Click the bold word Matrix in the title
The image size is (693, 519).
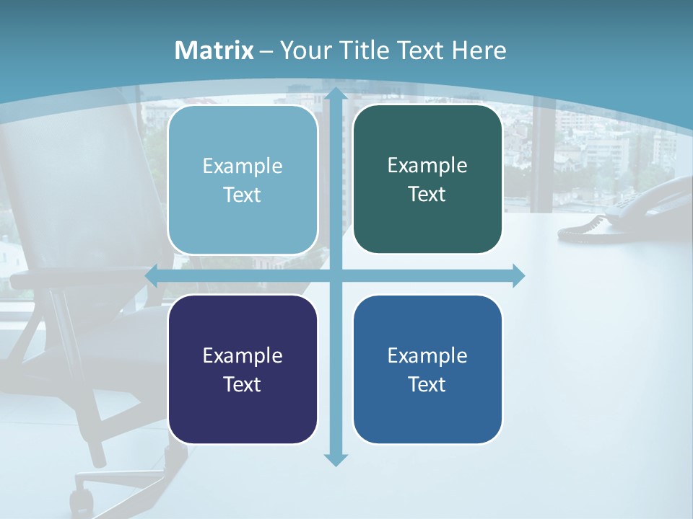214,50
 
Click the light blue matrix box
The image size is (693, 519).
243,180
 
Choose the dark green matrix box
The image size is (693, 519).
427,179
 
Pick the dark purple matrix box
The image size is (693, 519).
243,369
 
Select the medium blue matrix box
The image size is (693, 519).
427,369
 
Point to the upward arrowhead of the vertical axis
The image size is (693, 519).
335,95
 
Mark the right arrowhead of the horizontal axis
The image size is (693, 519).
518,276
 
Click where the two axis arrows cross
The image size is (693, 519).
335,276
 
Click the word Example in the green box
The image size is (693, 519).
427,165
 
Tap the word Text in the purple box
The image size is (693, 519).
242,384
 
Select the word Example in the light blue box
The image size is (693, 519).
243,166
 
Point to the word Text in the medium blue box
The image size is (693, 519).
427,384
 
